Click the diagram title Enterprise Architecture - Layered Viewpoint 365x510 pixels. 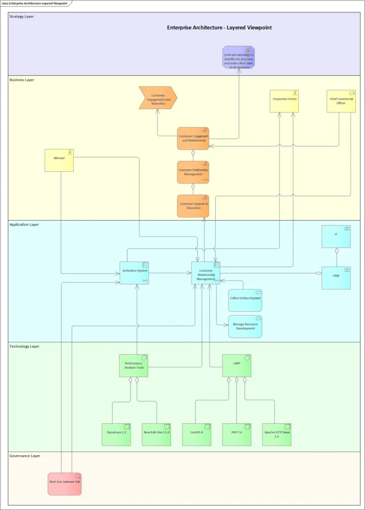click(x=219, y=28)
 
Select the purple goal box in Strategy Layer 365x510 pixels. click(x=239, y=57)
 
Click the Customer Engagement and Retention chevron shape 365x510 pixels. click(x=158, y=98)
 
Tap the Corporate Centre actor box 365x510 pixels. click(x=284, y=101)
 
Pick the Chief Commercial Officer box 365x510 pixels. click(x=341, y=101)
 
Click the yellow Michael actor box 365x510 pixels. click(x=59, y=160)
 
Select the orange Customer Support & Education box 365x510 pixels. click(x=193, y=206)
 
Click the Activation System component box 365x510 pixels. click(x=134, y=273)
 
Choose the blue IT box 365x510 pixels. click(x=336, y=237)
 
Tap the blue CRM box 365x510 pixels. click(x=336, y=278)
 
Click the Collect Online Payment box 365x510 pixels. click(x=245, y=300)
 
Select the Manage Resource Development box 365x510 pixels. click(x=245, y=327)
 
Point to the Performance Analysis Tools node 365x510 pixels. click(x=133, y=366)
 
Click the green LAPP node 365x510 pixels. click(x=237, y=366)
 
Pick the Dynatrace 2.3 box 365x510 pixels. click(x=117, y=434)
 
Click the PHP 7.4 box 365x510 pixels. click(x=237, y=434)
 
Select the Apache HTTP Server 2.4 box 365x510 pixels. click(x=276, y=434)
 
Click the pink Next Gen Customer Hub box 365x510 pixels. click(x=65, y=484)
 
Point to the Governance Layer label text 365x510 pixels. click(x=25, y=456)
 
